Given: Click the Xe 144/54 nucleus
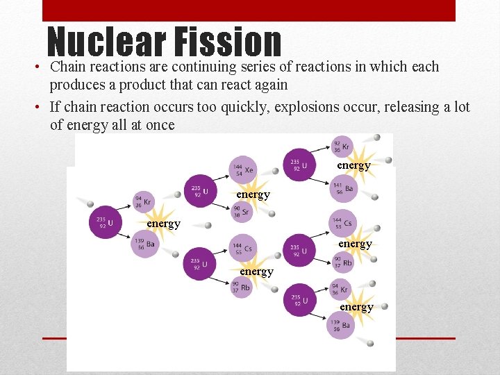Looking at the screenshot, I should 242,169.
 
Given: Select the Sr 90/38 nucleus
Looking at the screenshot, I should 242,212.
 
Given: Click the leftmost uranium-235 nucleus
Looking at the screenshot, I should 106,222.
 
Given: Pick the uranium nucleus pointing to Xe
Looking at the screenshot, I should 199,190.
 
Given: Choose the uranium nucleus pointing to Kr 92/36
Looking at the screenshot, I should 299,165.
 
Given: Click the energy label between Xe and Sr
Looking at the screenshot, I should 253,195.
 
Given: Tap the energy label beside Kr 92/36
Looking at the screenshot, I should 353,165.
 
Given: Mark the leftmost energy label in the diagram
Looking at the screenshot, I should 163,224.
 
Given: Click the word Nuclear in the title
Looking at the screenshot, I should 105,43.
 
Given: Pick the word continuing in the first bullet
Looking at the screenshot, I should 204,67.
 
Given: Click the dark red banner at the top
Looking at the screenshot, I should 249,10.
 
